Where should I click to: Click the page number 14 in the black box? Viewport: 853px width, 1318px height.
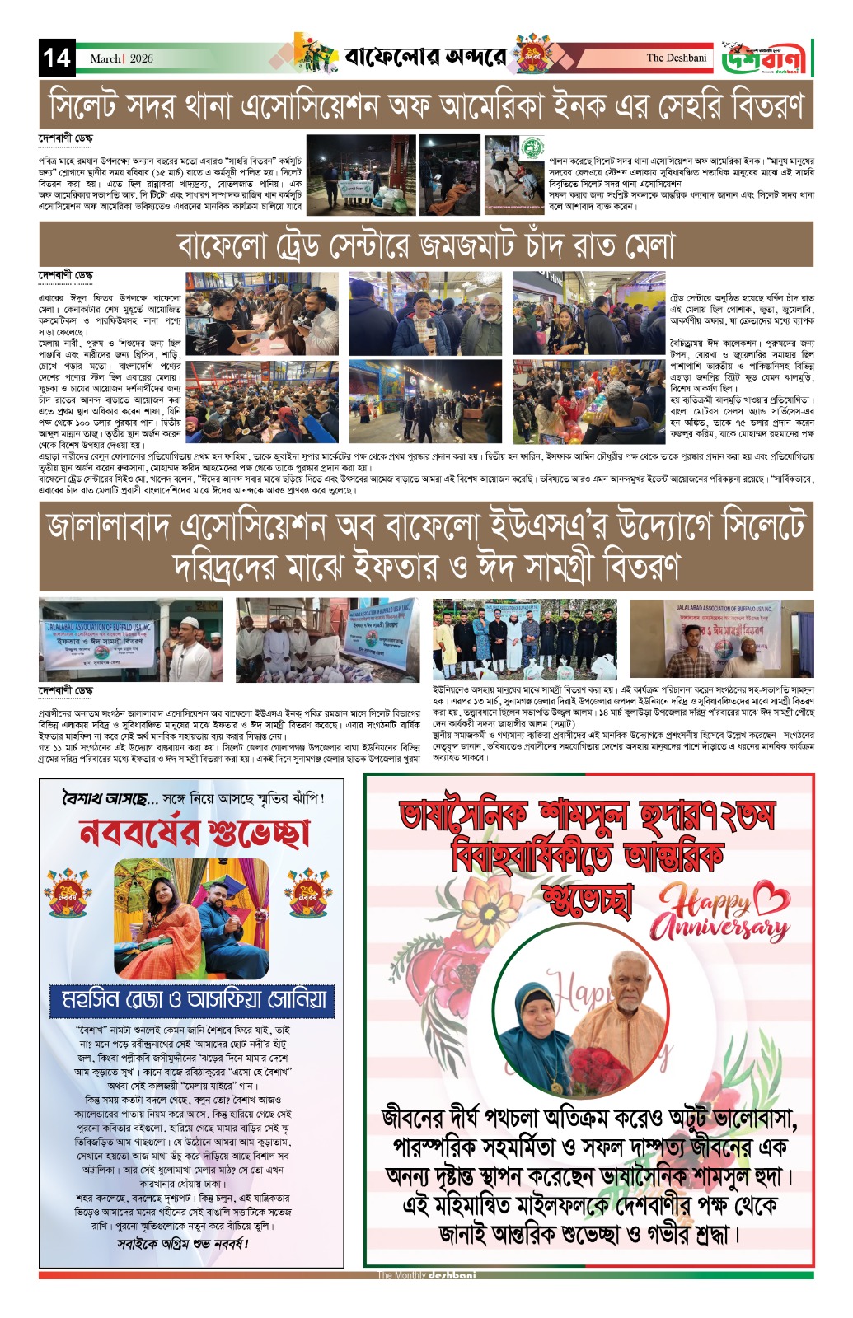(x=56, y=58)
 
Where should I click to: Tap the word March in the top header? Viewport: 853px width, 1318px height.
(x=105, y=58)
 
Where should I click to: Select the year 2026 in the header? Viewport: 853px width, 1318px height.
(x=141, y=58)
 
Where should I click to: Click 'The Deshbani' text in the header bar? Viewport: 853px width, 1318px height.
(x=676, y=58)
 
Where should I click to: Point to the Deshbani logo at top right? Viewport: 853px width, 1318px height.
(x=766, y=58)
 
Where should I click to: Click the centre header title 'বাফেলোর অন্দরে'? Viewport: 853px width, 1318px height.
(x=425, y=58)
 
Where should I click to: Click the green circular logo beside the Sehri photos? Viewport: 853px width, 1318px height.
(x=532, y=148)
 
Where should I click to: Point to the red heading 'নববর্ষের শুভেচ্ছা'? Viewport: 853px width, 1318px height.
(x=195, y=833)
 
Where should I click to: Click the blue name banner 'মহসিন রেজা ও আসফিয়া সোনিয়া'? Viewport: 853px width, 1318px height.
(x=195, y=1000)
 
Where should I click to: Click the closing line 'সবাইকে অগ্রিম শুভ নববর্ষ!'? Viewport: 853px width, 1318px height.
(x=183, y=1243)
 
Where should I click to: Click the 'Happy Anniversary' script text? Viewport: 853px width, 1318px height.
(x=719, y=913)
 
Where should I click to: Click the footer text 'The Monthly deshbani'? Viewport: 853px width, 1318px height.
(x=426, y=1275)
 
